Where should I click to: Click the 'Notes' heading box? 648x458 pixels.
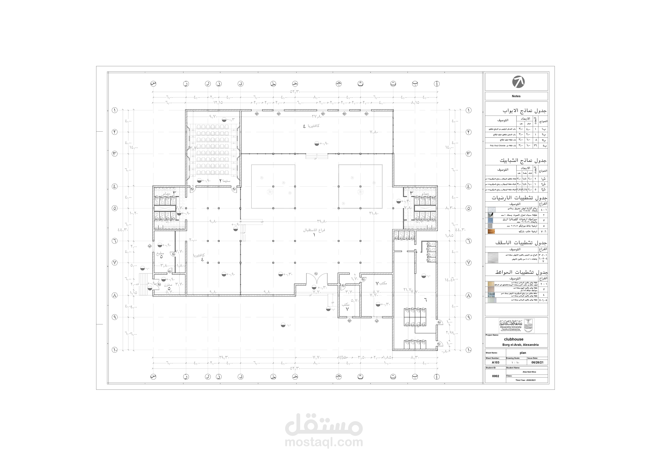pos(516,96)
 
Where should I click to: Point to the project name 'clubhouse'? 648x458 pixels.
pos(514,339)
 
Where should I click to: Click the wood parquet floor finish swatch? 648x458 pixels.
pos(491,232)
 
